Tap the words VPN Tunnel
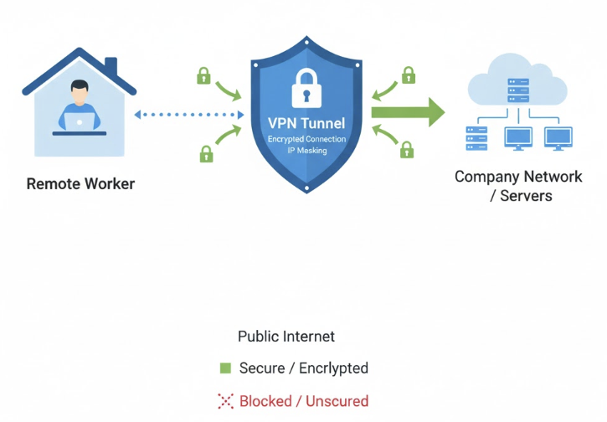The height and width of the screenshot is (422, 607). coord(306,123)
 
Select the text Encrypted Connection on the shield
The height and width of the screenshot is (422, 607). coord(306,138)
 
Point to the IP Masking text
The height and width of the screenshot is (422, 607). coord(306,151)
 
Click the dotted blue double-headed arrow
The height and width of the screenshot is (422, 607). coord(188,115)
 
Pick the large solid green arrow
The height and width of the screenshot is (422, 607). coord(408,111)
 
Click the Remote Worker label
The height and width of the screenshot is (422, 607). coord(80,183)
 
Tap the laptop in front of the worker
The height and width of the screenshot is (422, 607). coord(80,123)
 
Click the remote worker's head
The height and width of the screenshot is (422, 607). coord(80,90)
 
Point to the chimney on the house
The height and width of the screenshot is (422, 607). coord(111,65)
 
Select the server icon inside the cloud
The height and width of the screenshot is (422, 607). coord(518,90)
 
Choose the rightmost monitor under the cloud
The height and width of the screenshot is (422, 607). coord(558,136)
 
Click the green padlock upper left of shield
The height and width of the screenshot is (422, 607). coord(203,75)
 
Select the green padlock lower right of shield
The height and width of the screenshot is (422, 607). coord(407,149)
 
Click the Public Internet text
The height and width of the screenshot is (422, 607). coord(286,337)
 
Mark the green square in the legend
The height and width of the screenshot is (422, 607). coord(225,368)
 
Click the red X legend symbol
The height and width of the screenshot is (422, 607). coord(225,401)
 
